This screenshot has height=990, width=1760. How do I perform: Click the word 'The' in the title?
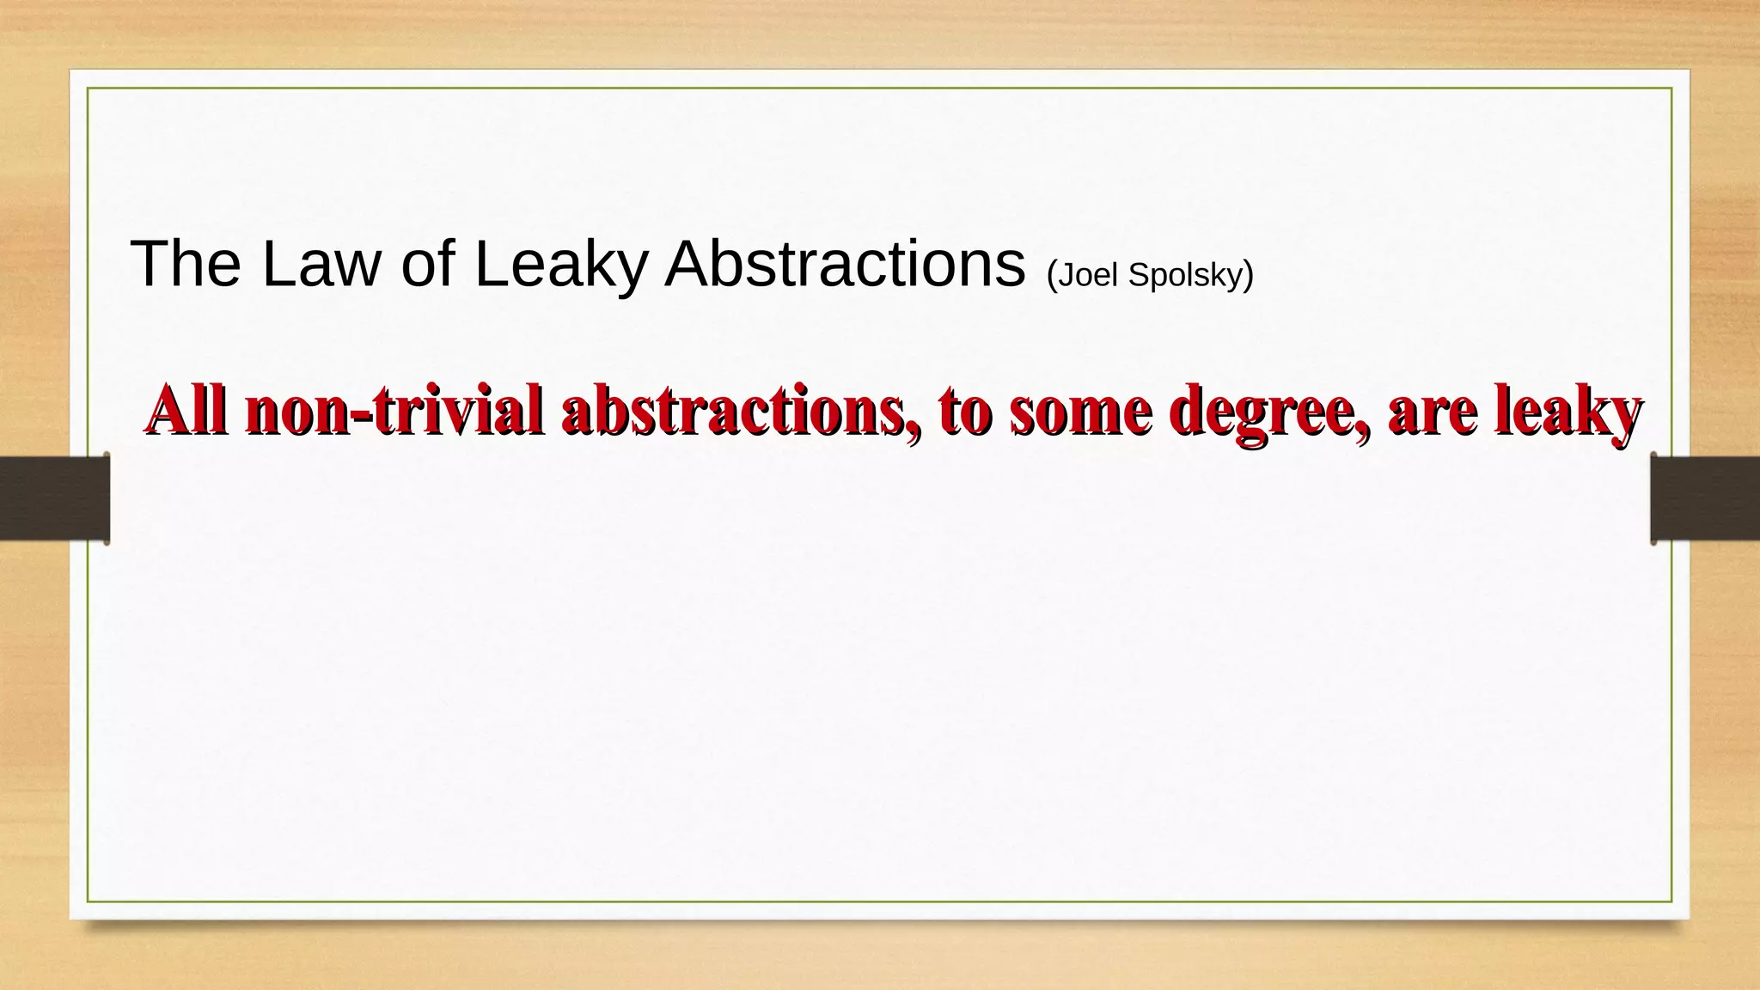[x=185, y=264]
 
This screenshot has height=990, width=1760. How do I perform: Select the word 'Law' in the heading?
[x=320, y=264]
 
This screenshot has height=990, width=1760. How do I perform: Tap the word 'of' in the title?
[x=427, y=264]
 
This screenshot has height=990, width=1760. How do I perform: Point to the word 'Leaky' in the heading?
[x=559, y=264]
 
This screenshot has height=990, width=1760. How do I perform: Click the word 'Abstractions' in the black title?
[x=845, y=264]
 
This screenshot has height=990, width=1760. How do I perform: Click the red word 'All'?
[x=186, y=410]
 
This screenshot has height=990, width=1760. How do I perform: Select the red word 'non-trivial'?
[x=394, y=410]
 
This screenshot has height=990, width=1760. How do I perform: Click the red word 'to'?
[x=966, y=410]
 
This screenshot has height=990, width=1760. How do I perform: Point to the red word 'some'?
[x=1081, y=410]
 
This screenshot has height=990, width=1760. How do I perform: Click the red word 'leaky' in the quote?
[x=1567, y=410]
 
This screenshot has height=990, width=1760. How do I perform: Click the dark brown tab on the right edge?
[x=1705, y=498]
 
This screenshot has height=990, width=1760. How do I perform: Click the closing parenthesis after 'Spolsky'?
[x=1250, y=275]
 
